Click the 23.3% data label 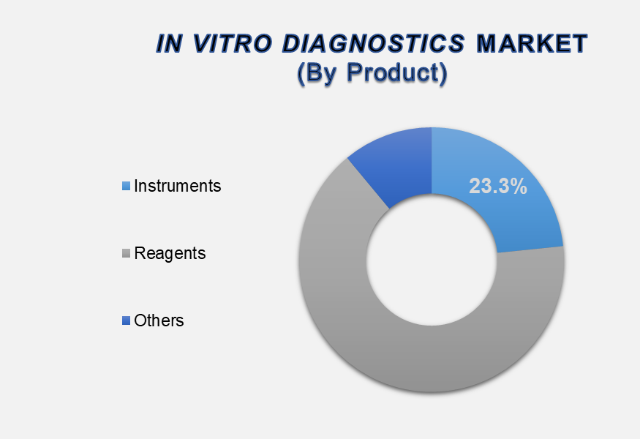pos(498,187)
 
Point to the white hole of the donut pos(432,260)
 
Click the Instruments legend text pos(178,186)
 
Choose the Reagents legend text pos(170,254)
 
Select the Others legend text pos(159,320)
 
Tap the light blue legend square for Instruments pos(126,186)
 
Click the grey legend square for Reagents pos(126,254)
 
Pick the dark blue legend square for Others pos(126,320)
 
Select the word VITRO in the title pos(232,43)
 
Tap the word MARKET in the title pos(532,43)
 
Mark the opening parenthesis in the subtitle pos(301,74)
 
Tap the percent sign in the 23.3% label pos(519,187)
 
